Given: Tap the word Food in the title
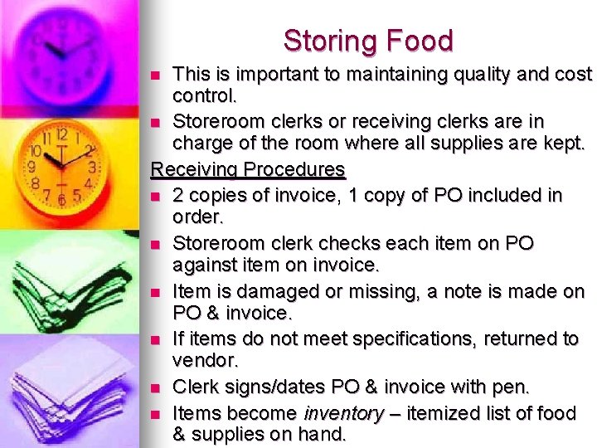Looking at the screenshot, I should tap(423, 41).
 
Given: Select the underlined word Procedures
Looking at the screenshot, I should tap(294, 170).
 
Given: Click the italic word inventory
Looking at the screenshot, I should tap(343, 413).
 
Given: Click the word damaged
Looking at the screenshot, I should tap(256, 292).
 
